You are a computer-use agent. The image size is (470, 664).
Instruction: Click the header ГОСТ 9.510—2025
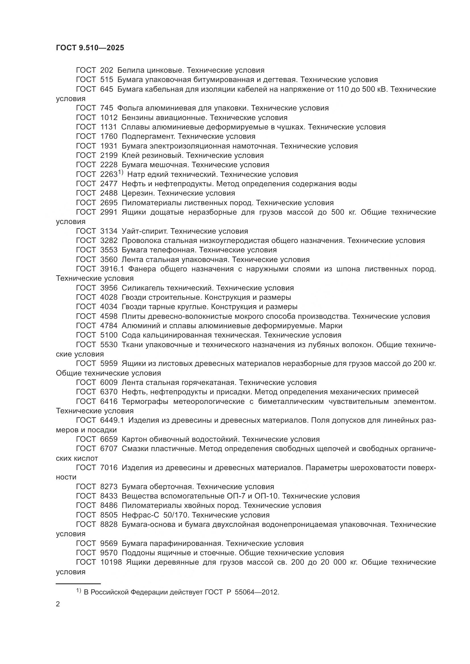(90, 48)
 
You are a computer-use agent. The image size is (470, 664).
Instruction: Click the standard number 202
(107, 70)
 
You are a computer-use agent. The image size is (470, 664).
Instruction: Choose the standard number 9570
(109, 553)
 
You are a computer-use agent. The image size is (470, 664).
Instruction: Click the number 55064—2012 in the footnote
(256, 592)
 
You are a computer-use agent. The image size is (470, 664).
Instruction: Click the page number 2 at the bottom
(58, 604)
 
